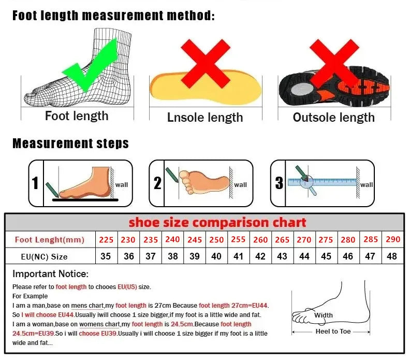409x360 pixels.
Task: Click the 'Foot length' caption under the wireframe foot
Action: pyautogui.click(x=77, y=116)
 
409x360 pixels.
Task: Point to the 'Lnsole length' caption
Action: pyautogui.click(x=205, y=118)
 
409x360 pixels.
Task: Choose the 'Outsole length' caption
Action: pyautogui.click(x=333, y=118)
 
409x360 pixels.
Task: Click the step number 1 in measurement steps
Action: pyautogui.click(x=35, y=183)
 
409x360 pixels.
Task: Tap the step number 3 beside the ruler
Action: pyautogui.click(x=279, y=183)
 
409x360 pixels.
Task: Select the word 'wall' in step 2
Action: pyautogui.click(x=241, y=185)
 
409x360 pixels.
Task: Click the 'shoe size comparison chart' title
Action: pyautogui.click(x=217, y=223)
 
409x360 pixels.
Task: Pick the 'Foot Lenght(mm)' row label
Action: pyautogui.click(x=50, y=240)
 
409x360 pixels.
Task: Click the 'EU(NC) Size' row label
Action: pyautogui.click(x=45, y=256)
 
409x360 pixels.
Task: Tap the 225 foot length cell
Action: pyautogui.click(x=106, y=240)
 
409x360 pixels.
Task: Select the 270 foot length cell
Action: pyautogui.click(x=304, y=240)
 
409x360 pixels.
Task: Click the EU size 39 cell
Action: pyautogui.click(x=195, y=256)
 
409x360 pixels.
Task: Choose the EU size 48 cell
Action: pyautogui.click(x=392, y=256)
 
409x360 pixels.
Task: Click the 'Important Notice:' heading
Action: pyautogui.click(x=51, y=274)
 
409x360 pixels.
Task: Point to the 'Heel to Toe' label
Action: pyautogui.click(x=333, y=332)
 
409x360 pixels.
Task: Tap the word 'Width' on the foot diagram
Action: pyautogui.click(x=324, y=315)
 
